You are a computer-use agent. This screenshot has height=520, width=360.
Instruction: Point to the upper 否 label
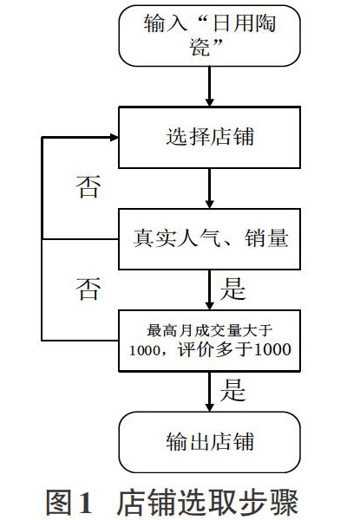pyautogui.click(x=88, y=187)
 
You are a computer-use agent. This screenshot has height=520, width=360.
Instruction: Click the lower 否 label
pyautogui.click(x=88, y=289)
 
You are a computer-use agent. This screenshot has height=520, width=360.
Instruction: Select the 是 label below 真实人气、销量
pyautogui.click(x=232, y=289)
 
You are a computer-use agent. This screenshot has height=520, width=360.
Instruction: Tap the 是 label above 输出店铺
pyautogui.click(x=232, y=391)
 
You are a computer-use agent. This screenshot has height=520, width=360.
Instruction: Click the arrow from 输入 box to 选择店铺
pyautogui.click(x=209, y=86)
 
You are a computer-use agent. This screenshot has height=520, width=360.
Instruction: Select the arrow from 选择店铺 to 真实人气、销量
pyautogui.click(x=209, y=188)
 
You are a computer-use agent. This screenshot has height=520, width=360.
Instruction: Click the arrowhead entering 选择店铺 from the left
pyautogui.click(x=115, y=137)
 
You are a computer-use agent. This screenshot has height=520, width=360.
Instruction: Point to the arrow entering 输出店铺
pyautogui.click(x=209, y=392)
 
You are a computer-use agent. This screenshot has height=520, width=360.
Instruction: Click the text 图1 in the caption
pyautogui.click(x=69, y=503)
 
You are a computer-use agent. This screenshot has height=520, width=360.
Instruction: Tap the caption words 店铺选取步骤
pyautogui.click(x=207, y=503)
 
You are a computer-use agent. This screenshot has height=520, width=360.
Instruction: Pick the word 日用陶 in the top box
pyautogui.click(x=245, y=24)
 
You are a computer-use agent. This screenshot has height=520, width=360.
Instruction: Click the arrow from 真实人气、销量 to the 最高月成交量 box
pyautogui.click(x=209, y=289)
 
